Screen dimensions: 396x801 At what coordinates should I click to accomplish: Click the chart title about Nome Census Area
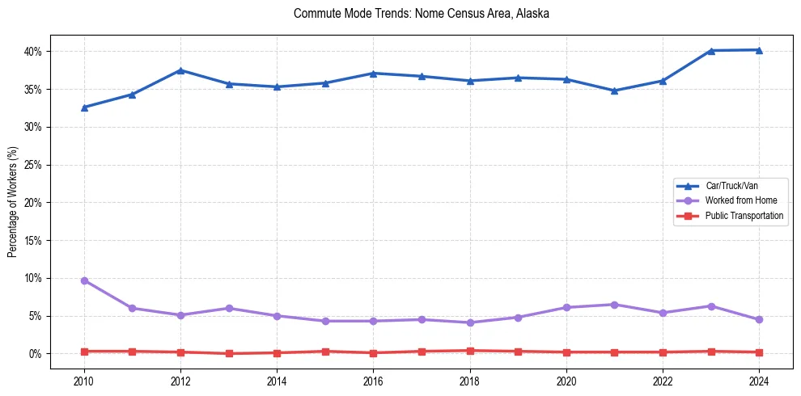(422, 14)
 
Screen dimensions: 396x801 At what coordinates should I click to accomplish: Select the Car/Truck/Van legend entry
(731, 186)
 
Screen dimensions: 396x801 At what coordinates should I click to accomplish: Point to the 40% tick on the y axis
(32, 52)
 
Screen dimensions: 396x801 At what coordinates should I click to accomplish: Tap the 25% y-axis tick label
(32, 165)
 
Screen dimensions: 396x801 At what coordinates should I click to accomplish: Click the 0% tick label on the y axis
(34, 354)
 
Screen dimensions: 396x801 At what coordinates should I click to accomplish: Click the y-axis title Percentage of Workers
(13, 202)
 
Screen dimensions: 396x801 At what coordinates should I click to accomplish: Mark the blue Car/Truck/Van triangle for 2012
(180, 70)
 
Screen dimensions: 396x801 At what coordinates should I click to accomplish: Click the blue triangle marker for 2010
(84, 107)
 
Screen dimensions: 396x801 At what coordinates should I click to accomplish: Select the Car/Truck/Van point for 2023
(711, 51)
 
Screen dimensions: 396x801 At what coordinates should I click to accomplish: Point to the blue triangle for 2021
(614, 91)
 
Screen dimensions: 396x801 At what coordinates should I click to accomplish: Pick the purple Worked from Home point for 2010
(84, 280)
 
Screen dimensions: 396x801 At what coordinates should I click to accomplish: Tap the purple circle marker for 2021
(614, 305)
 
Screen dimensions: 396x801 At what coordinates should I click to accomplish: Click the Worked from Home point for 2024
(759, 319)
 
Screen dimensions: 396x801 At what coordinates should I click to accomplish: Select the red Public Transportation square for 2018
(470, 351)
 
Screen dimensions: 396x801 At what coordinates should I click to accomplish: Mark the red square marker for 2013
(229, 353)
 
